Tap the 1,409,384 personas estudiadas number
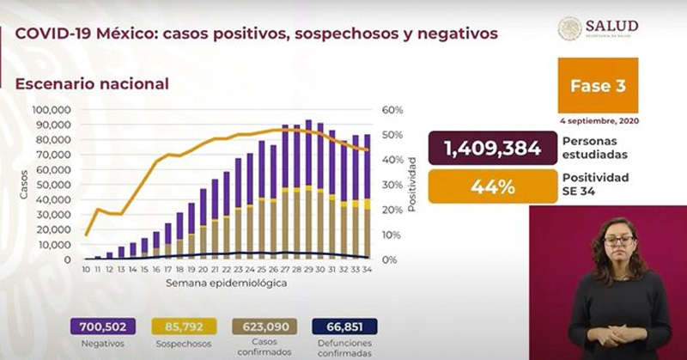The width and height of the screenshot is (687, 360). [x=492, y=149]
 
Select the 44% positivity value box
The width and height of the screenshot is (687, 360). [x=492, y=186]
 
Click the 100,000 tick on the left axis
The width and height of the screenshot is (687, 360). [x=52, y=110]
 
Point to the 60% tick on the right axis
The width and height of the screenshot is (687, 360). [x=392, y=110]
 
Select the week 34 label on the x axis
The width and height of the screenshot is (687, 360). [x=367, y=269]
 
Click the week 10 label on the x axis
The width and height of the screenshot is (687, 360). [x=86, y=269]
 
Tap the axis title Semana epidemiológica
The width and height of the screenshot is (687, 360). [x=226, y=283]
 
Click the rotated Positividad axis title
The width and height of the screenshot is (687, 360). [x=413, y=185]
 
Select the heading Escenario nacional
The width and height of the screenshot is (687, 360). [x=90, y=83]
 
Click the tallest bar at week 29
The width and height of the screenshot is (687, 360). [x=308, y=189]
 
